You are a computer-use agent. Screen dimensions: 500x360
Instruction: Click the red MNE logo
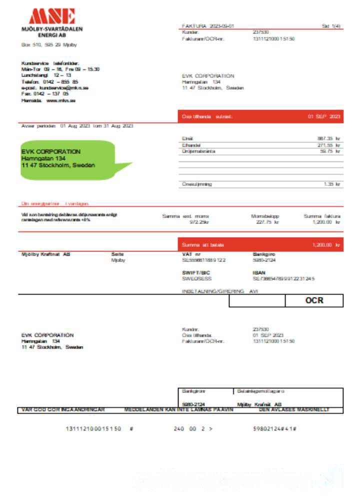point(52,16)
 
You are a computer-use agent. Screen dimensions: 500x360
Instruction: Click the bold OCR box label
point(314,300)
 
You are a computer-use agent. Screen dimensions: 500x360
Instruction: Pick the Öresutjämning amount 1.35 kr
point(331,184)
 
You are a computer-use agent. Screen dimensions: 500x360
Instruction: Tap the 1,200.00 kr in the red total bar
point(326,245)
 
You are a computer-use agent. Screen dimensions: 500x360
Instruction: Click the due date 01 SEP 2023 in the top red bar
point(324,116)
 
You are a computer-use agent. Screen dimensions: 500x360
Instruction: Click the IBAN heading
point(259,272)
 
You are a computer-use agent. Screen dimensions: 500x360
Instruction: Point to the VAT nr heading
point(191,254)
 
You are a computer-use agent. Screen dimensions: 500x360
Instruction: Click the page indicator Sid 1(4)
point(331,26)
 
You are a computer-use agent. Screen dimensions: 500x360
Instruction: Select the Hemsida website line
point(48,100)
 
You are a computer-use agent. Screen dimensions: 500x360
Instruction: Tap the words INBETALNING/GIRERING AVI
point(219,291)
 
